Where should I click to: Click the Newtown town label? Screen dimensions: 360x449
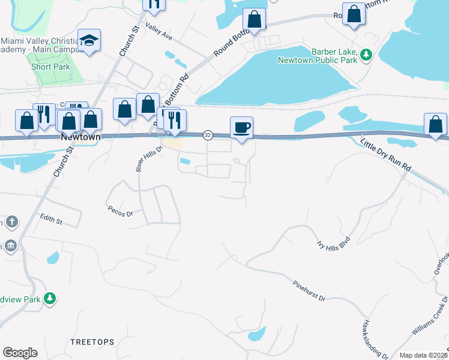(x=80, y=137)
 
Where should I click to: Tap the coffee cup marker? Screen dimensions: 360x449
(x=241, y=128)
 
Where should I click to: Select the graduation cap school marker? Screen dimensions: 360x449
(x=89, y=41)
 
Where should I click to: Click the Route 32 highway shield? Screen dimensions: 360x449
(x=208, y=135)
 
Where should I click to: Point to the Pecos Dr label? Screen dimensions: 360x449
(x=119, y=210)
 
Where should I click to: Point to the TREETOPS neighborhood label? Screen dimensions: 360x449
(x=92, y=342)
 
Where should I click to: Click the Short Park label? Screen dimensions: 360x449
(x=51, y=67)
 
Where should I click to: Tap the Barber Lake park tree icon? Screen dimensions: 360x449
(x=366, y=56)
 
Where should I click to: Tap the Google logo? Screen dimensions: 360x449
(x=20, y=353)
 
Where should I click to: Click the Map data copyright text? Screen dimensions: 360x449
(x=423, y=355)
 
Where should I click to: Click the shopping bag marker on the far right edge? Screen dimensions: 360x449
(x=435, y=124)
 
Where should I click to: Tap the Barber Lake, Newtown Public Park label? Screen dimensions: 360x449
(x=317, y=56)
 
